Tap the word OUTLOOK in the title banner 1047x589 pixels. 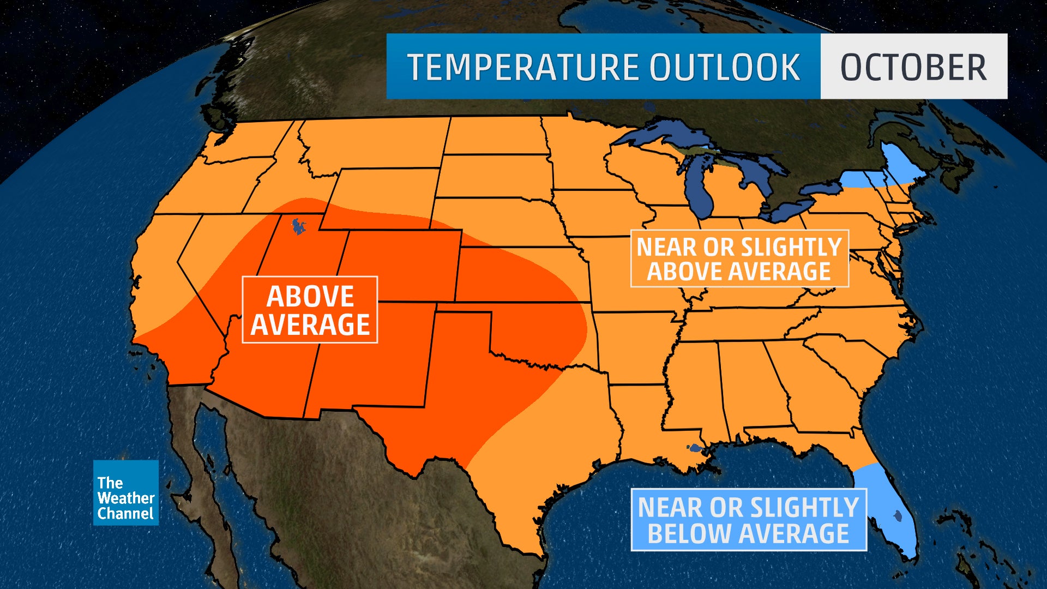[x=724, y=67]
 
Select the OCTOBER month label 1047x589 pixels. [x=913, y=67]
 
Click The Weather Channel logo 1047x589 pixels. [x=125, y=492]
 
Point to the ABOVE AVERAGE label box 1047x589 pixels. [x=310, y=310]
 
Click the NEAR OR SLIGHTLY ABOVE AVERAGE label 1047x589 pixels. [x=739, y=259]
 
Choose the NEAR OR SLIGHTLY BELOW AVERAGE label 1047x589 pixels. [x=748, y=520]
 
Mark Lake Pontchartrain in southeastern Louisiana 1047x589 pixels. [x=694, y=449]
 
